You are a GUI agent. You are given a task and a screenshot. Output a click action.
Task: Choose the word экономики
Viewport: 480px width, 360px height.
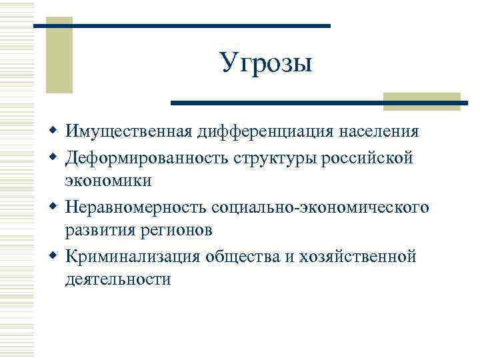(x=108, y=181)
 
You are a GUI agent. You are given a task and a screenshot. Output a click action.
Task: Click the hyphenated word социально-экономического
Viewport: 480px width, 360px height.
(x=321, y=207)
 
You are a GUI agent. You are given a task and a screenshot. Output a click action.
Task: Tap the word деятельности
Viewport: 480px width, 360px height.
(x=118, y=280)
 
